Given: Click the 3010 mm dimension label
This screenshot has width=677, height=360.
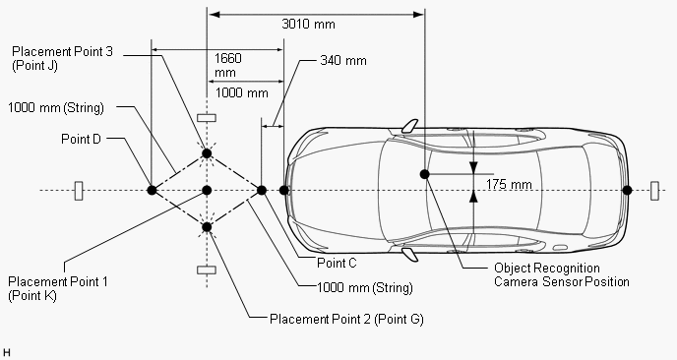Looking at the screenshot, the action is coord(308,25).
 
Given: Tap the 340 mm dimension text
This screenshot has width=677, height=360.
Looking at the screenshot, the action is coord(343,60).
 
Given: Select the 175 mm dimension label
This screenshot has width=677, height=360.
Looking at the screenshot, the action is coord(509,184).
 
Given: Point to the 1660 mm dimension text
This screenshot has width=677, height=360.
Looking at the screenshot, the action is coord(228,65).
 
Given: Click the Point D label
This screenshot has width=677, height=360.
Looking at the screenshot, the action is coord(81,139).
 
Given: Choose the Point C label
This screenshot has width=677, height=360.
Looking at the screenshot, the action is coord(337,263).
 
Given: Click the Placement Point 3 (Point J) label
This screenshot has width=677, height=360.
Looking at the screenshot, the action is coord(62,58).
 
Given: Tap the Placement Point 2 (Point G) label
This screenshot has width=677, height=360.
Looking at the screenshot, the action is coord(346,319).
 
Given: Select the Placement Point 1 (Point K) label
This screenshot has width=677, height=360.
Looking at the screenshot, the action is coord(58,288).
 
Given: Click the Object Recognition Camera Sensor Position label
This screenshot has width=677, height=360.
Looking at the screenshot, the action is coord(561,275).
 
